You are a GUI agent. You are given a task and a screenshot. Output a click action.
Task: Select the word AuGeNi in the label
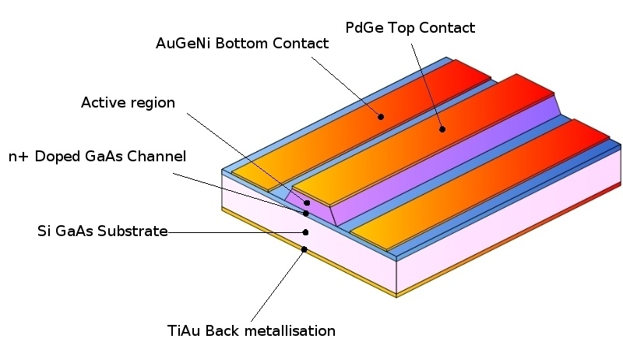coord(183,44)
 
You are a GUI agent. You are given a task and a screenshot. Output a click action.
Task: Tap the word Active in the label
coord(101,103)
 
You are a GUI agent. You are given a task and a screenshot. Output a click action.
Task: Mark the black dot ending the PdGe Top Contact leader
coord(442,129)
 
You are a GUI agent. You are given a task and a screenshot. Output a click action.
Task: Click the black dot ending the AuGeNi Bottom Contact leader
coord(381,117)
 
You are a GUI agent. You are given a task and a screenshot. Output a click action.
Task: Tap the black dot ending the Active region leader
coord(307,203)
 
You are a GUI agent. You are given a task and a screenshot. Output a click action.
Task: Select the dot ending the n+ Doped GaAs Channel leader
coord(305,214)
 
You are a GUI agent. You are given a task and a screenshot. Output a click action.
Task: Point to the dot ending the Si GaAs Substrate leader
coord(305,232)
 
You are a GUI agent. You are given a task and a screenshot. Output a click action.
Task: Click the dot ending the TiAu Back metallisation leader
coord(304,249)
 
